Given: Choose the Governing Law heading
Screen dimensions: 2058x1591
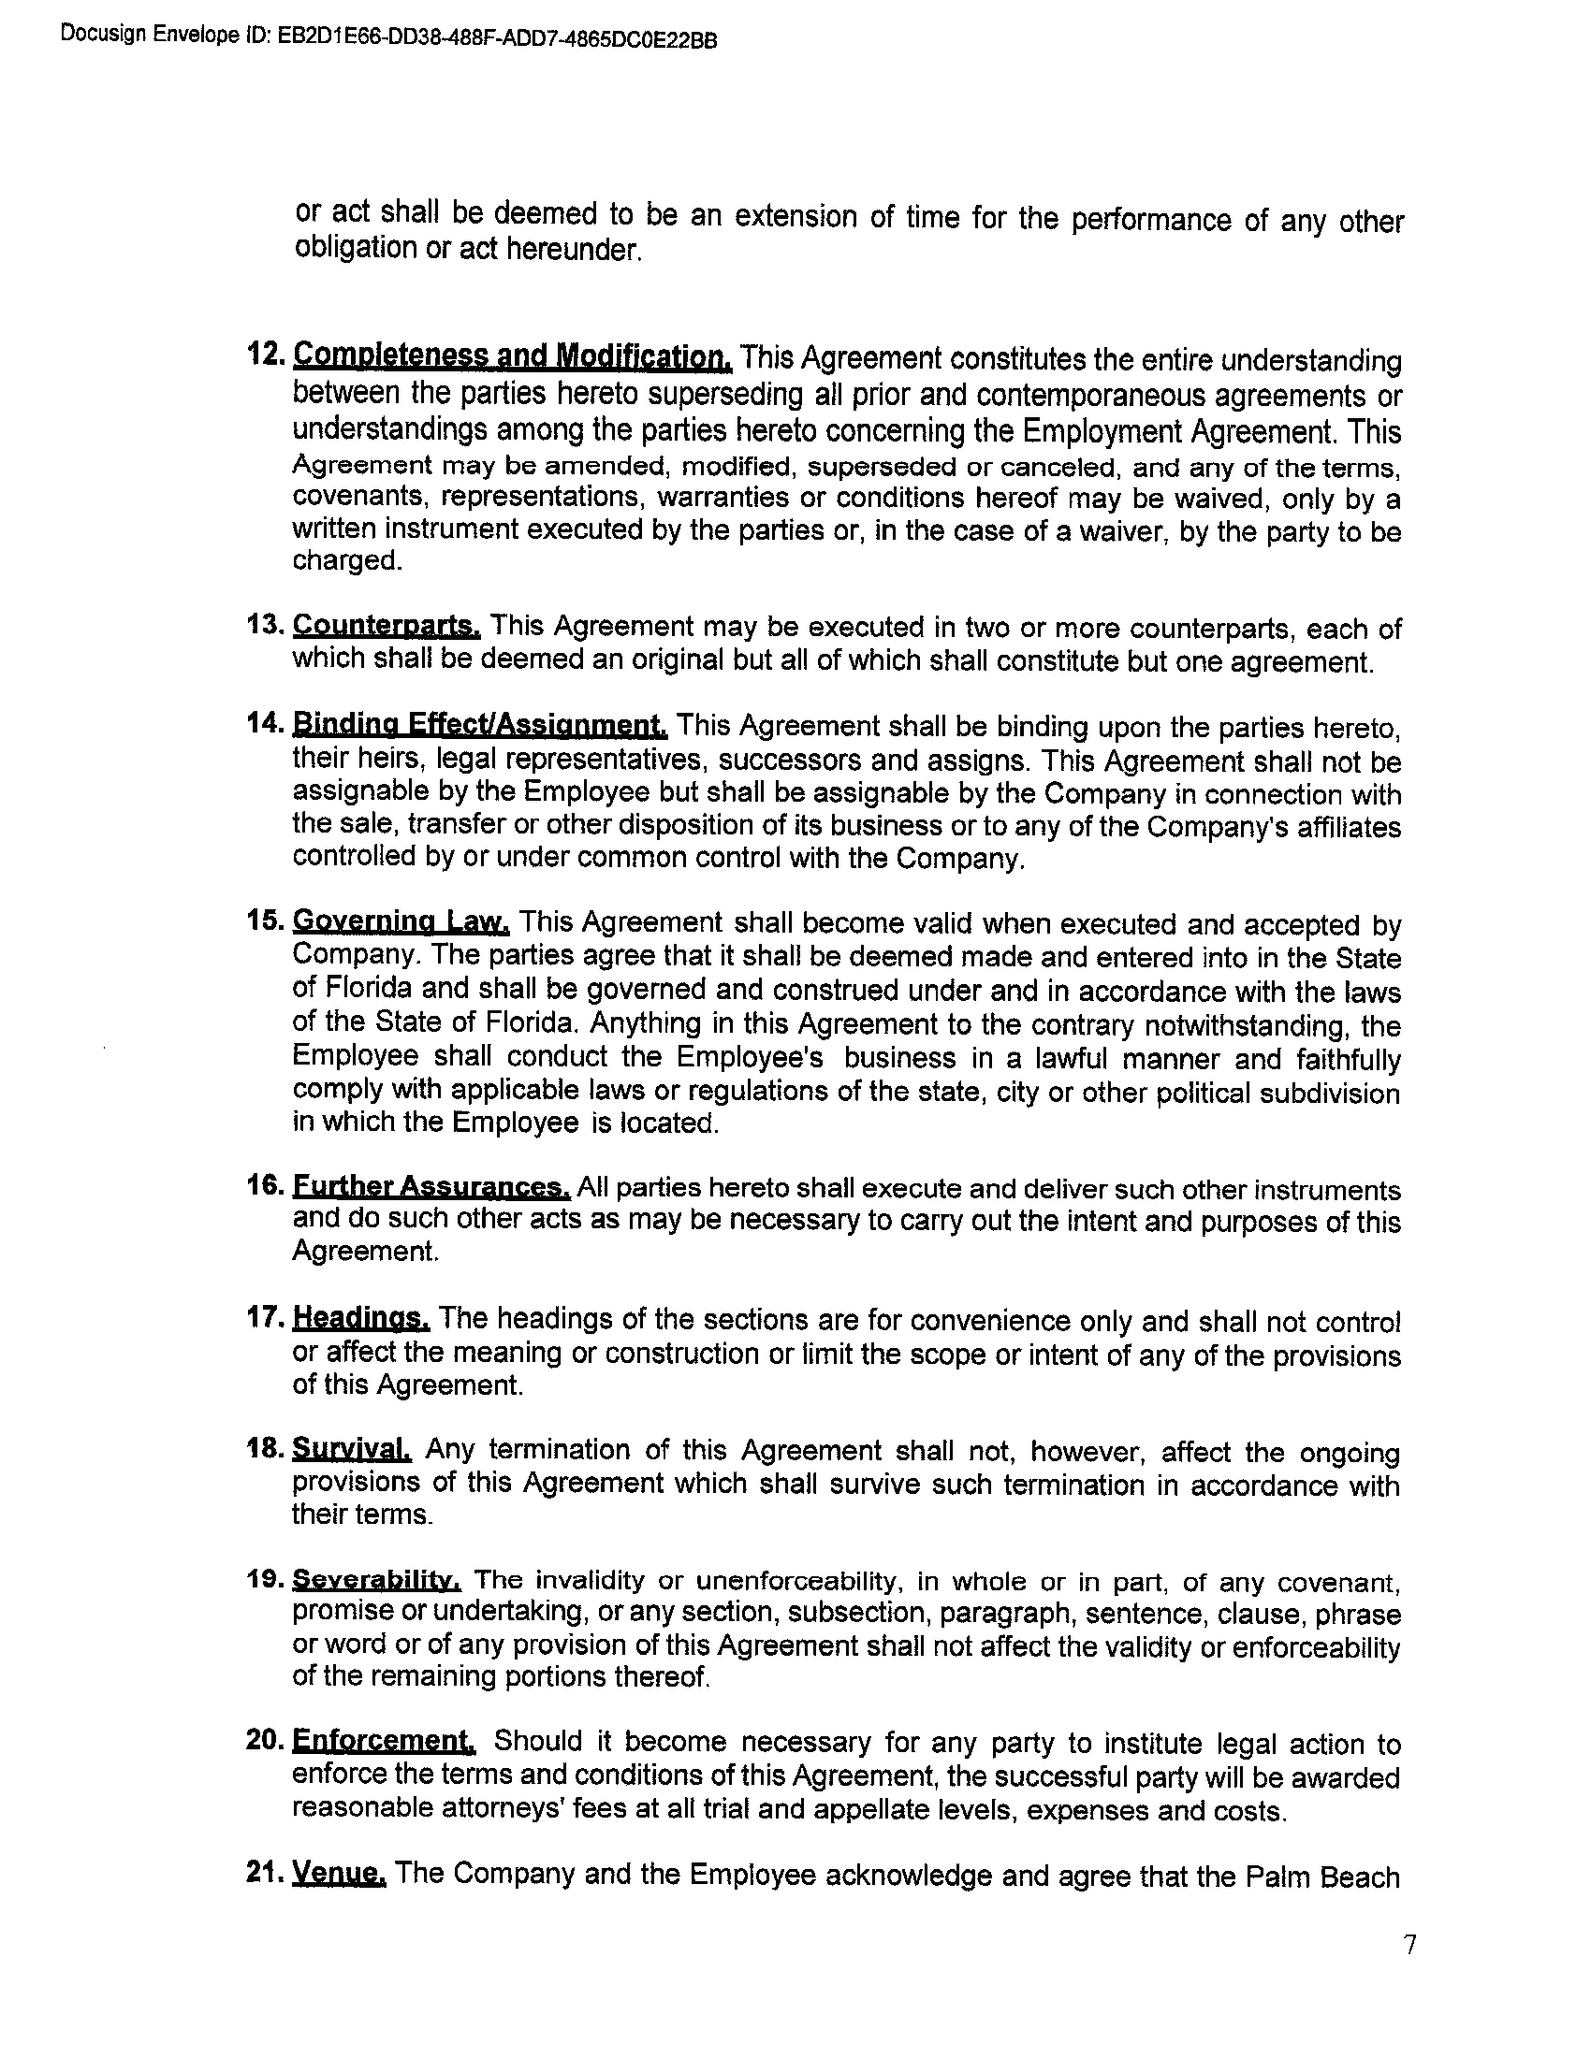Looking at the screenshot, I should (401, 920).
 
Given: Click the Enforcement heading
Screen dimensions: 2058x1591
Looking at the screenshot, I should (384, 1741).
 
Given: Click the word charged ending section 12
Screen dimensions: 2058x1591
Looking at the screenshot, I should (346, 561).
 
